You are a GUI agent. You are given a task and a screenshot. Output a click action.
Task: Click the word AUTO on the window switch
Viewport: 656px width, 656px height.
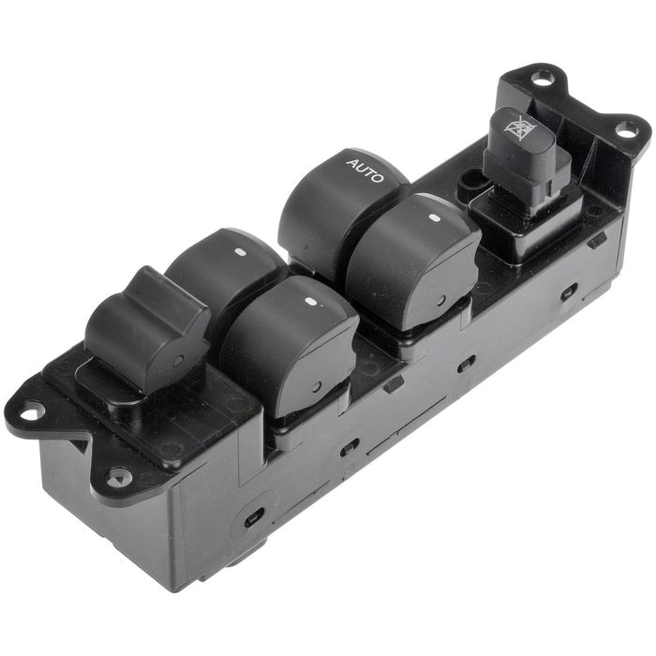[x=365, y=171]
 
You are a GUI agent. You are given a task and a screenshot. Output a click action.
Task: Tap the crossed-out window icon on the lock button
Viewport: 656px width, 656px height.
[x=519, y=127]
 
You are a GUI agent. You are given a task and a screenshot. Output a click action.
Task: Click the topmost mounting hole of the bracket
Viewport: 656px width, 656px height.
[x=543, y=79]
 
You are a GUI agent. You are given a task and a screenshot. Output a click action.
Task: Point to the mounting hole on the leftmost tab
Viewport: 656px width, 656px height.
[x=32, y=412]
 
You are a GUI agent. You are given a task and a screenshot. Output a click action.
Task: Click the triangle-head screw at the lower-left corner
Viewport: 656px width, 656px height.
[x=119, y=478]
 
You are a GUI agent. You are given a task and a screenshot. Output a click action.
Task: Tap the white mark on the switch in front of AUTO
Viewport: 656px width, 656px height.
[x=433, y=218]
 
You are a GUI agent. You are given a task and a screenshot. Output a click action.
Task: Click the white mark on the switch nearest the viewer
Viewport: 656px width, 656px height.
[x=310, y=301]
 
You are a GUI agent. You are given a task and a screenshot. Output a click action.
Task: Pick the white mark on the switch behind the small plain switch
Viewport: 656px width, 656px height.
[x=240, y=252]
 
